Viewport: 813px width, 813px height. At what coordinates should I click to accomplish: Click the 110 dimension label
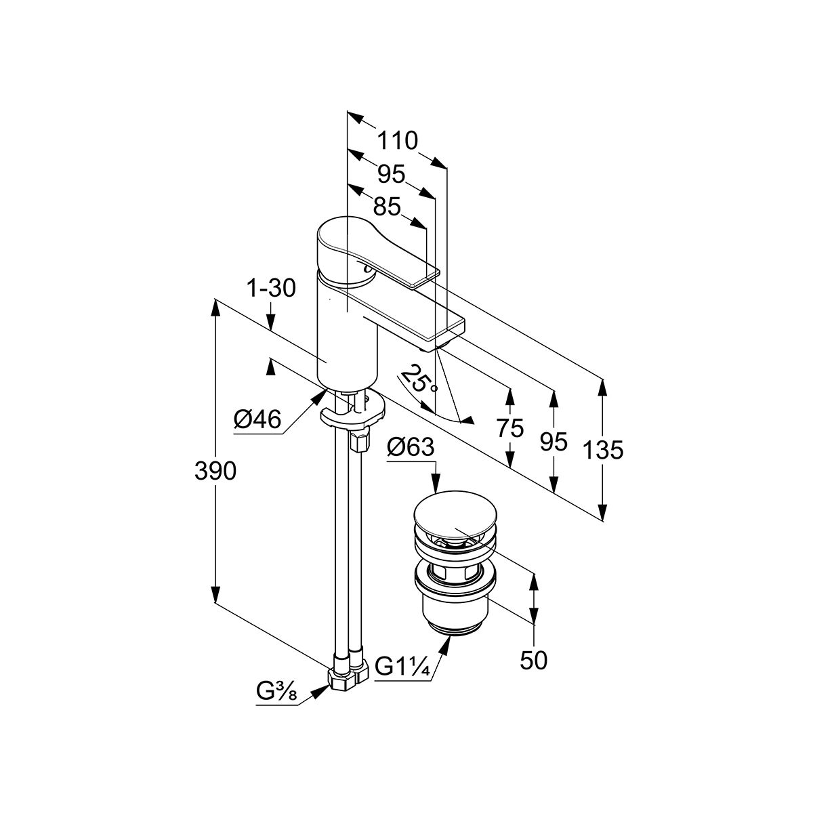[x=397, y=141]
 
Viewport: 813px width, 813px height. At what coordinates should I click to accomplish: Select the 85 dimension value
[x=387, y=206]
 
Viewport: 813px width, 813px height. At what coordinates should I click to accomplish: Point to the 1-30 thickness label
[x=270, y=289]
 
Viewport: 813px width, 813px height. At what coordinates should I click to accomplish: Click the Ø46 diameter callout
[x=257, y=421]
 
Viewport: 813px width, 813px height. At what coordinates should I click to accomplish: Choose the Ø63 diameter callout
[x=410, y=448]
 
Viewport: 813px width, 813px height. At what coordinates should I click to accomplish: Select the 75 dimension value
[x=509, y=428]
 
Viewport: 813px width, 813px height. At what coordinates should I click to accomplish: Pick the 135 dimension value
[x=602, y=449]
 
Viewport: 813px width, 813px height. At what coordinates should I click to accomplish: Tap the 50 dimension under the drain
[x=534, y=660]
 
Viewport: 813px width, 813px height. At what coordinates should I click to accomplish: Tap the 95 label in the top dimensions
[x=391, y=174]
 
